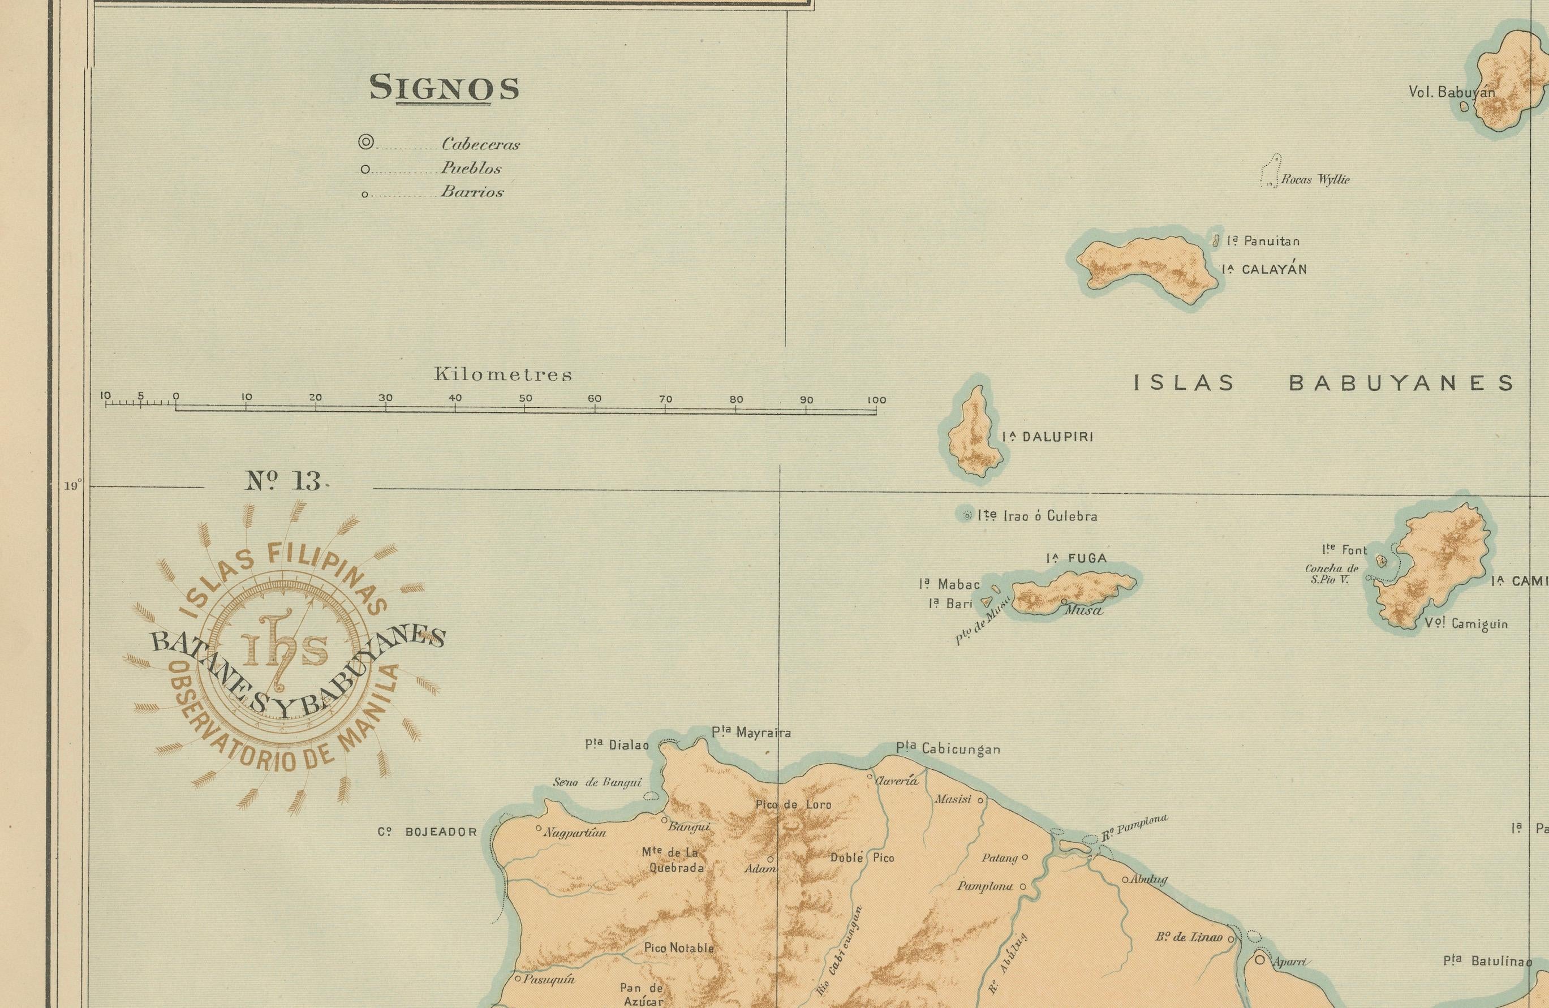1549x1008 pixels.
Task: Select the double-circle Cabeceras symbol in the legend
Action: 367,143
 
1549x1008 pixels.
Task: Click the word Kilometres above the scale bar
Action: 503,375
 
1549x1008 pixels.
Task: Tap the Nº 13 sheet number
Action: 284,481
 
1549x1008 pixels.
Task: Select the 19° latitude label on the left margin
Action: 72,485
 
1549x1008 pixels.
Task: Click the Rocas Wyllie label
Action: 1315,180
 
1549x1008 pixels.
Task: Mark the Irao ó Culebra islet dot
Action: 966,515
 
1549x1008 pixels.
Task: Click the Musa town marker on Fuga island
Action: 1064,601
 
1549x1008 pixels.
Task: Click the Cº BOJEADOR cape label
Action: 428,832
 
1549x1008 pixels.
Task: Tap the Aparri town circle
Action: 1260,960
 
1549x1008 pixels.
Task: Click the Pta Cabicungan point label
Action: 948,749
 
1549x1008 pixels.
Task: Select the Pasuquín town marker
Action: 518,978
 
